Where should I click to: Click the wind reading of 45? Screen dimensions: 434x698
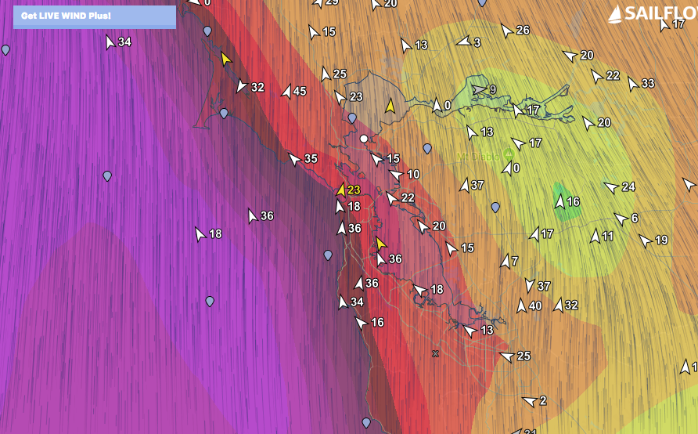[x=300, y=92]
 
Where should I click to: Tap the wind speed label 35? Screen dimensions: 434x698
[x=311, y=159]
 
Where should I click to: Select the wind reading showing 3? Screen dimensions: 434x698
[x=477, y=42]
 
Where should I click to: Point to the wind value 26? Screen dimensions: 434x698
[x=523, y=31]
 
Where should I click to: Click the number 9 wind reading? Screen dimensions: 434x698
[x=493, y=90]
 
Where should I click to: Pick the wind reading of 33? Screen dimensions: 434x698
[x=648, y=84]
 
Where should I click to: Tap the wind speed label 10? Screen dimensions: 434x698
[x=414, y=175]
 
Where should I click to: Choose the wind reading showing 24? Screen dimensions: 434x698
[x=628, y=187]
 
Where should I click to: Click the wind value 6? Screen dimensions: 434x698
[x=635, y=219]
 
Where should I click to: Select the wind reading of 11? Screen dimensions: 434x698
[x=608, y=236]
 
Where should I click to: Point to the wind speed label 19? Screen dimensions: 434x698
[x=661, y=241]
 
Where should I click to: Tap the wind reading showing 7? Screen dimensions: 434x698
[x=515, y=261]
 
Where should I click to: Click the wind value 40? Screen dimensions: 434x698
[x=535, y=306]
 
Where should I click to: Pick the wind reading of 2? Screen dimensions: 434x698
[x=543, y=401]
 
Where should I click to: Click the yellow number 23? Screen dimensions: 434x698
[x=354, y=190]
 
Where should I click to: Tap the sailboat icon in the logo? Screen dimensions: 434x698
[x=616, y=13]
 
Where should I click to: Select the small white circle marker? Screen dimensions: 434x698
[x=364, y=139]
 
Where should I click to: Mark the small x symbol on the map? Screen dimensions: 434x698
[x=435, y=353]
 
